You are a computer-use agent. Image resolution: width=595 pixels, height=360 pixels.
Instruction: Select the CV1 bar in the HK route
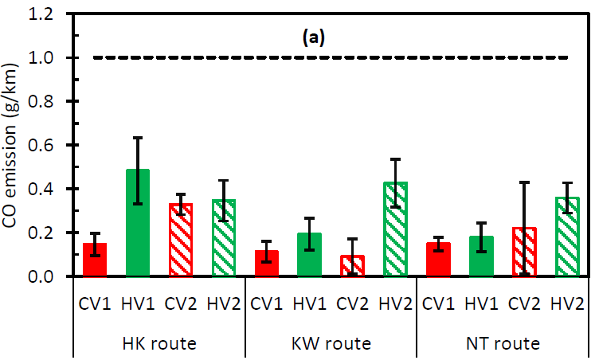tap(96, 260)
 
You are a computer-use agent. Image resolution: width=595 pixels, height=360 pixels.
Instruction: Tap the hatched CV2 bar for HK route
tap(181, 240)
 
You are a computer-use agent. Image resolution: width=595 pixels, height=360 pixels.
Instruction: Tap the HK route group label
tap(159, 344)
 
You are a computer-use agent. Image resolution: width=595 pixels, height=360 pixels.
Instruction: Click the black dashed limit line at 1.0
tap(239, 57)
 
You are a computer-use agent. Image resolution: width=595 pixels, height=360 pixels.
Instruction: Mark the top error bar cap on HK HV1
tap(139, 138)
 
